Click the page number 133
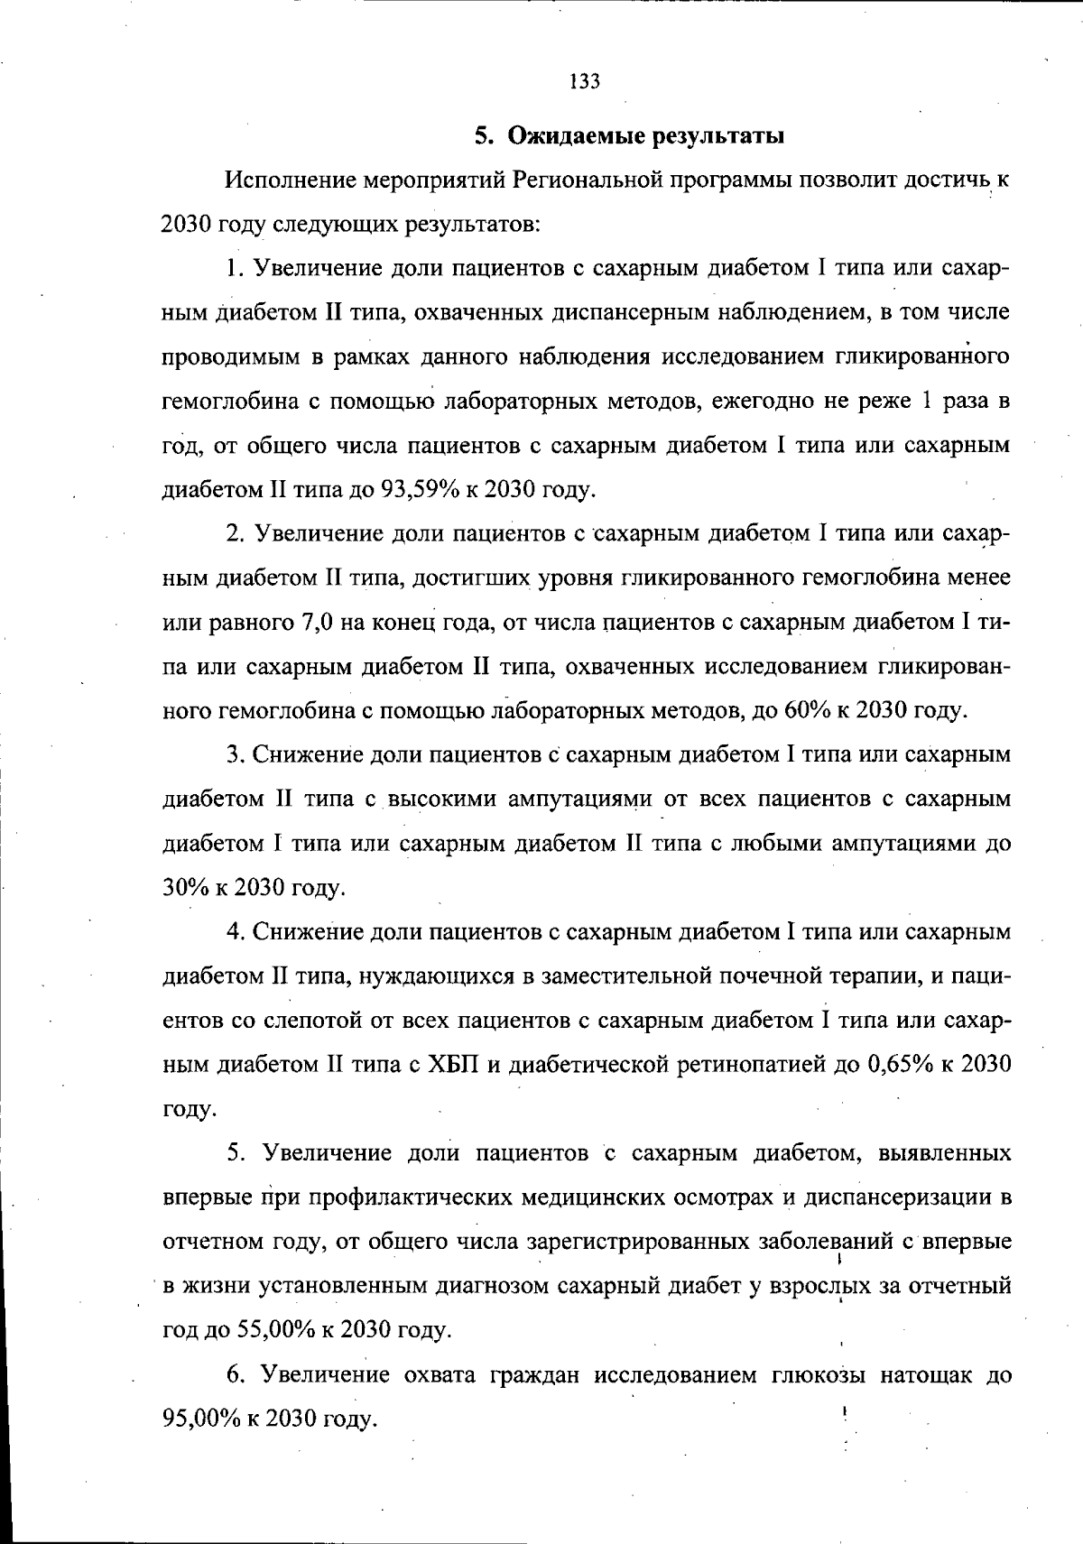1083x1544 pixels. tap(585, 82)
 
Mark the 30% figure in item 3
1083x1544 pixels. tap(184, 888)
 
